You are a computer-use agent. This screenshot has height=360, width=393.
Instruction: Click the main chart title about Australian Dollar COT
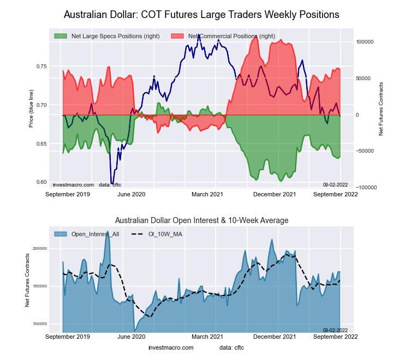coord(201,14)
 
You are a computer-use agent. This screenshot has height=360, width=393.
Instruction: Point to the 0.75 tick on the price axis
coord(41,67)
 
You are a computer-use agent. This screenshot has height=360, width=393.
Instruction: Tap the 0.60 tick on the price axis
coord(41,182)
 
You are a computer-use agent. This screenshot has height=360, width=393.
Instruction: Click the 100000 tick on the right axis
coord(365,41)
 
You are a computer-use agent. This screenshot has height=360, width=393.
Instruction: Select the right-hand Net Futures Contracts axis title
coord(380,109)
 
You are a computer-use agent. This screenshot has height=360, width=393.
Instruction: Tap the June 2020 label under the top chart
coord(131,194)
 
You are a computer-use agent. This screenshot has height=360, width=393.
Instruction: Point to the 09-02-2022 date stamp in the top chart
coord(335,184)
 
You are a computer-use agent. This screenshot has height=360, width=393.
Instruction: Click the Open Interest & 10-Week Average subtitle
coord(201,220)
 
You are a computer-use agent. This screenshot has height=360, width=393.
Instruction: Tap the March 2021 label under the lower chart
coord(207,337)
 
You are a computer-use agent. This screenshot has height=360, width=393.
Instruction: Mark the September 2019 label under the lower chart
coord(68,337)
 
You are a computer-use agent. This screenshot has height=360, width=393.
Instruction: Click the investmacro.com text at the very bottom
coord(170,347)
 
